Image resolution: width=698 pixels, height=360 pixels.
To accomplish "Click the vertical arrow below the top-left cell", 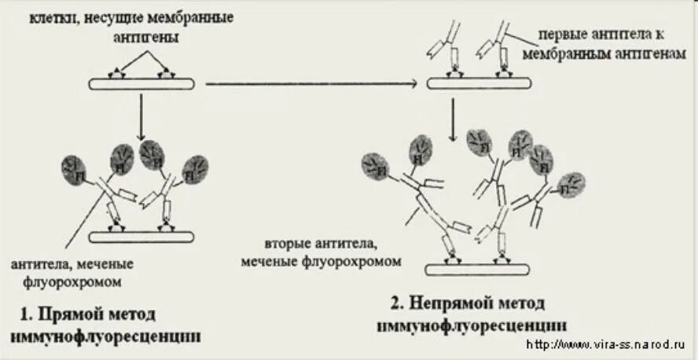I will coord(138,118).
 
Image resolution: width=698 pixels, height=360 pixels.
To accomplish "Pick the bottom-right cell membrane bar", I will coord(479,270).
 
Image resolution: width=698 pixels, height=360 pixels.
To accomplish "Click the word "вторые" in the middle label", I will coord(285,244).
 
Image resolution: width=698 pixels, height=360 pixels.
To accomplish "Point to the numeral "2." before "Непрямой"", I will coord(398,303).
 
